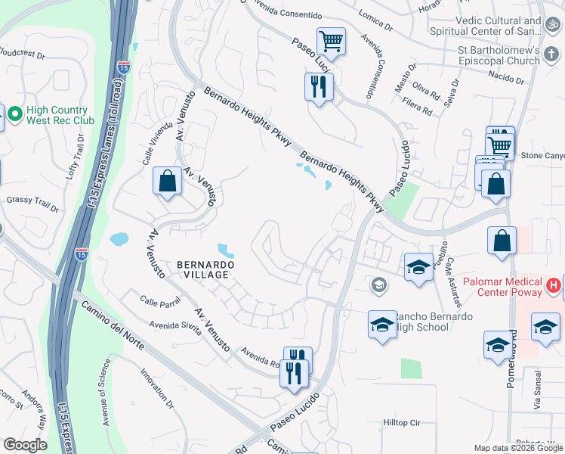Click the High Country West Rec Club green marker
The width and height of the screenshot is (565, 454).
(x=14, y=114)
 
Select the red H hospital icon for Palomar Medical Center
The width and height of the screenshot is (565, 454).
(x=554, y=286)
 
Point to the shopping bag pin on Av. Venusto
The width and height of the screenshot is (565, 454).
(x=167, y=182)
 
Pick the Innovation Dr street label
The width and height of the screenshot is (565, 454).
(x=157, y=390)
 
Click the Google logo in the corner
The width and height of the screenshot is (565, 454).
(x=25, y=445)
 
